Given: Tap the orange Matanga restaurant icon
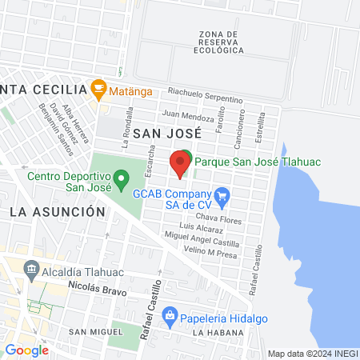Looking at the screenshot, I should click(x=99, y=86).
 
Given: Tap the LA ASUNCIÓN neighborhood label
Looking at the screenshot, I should click(x=58, y=212).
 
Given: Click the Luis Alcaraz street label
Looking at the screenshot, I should click(x=202, y=229).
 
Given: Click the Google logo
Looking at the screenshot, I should click(x=27, y=349).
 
